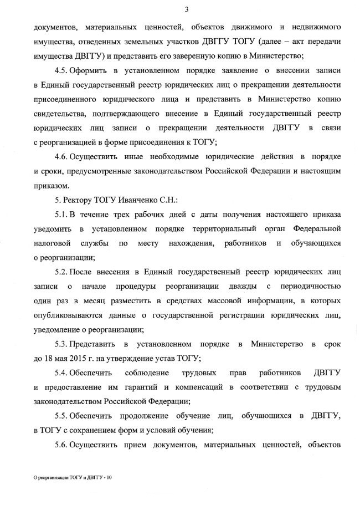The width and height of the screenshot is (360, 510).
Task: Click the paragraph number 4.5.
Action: click(x=61, y=72)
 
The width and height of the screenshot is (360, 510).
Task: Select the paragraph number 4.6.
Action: click(x=61, y=157)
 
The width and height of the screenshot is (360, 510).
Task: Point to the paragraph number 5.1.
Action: click(x=61, y=214)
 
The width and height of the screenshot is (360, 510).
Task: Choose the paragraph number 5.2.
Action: click(x=61, y=272)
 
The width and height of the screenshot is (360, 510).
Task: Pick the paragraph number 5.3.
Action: click(x=61, y=344)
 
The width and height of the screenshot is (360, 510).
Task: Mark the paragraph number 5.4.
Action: click(x=61, y=373)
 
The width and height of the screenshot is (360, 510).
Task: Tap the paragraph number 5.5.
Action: click(x=61, y=416)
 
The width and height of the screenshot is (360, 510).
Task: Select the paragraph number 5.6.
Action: click(x=61, y=445)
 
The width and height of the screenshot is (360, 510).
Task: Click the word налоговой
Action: click(x=52, y=243)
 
